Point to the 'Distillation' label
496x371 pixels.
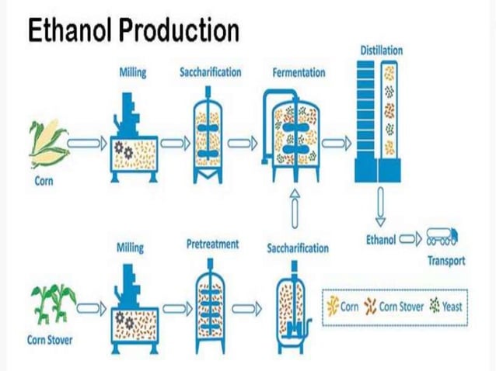coord(382,50)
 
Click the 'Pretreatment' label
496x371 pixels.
coord(212,245)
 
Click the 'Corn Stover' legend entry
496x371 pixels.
coord(394,306)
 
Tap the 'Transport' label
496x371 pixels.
coord(446,261)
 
